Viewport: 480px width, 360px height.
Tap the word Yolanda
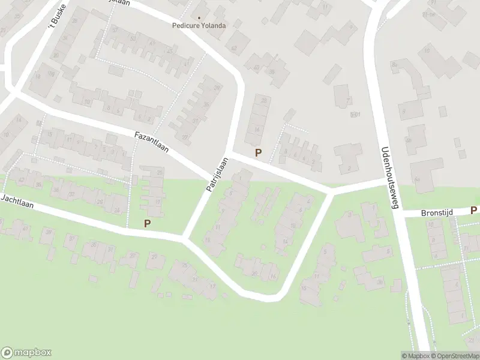(214, 26)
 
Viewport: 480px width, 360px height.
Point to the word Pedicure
(185, 26)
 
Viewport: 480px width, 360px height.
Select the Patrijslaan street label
(217, 175)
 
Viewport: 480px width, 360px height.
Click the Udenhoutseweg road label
(388, 178)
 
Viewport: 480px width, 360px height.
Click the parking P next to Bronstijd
(473, 211)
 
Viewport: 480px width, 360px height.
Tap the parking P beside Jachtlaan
(147, 223)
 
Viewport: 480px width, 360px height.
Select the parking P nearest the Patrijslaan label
(259, 153)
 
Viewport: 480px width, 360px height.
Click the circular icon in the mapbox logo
(8, 353)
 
